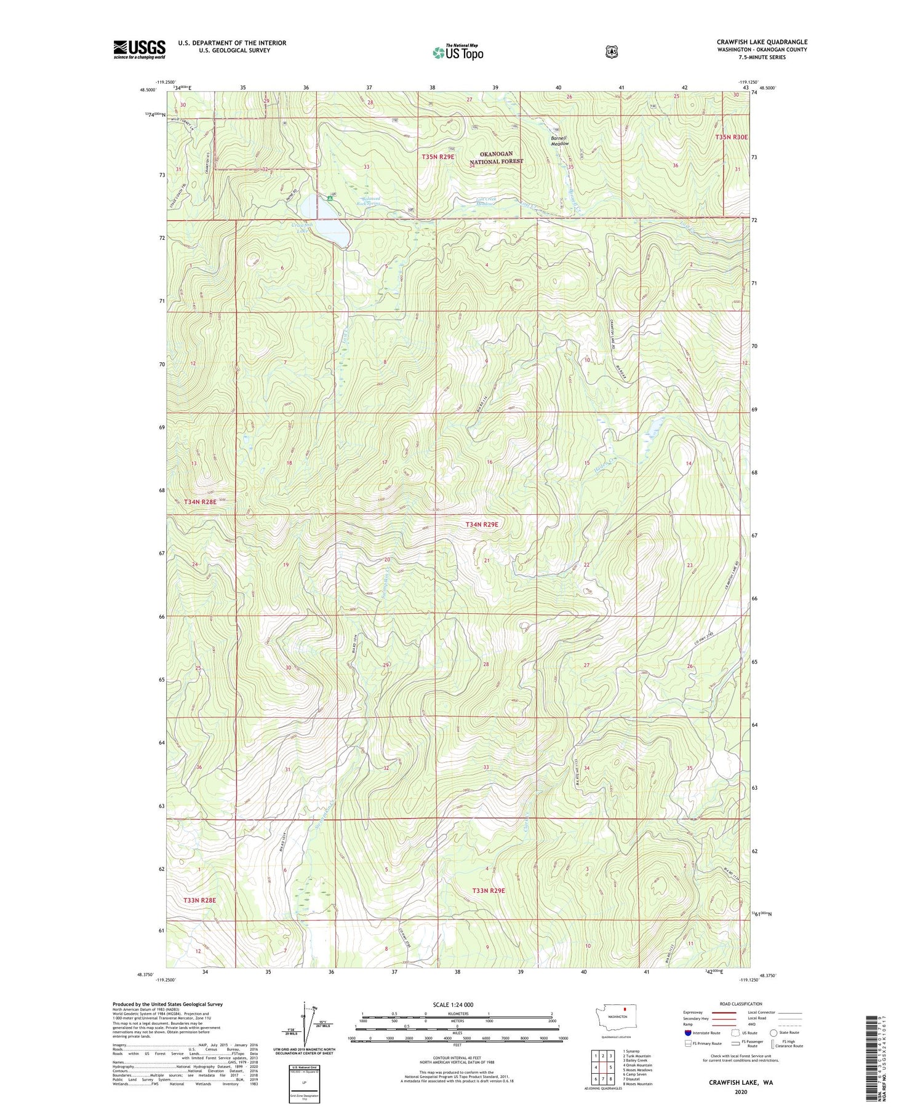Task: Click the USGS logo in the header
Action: coord(139,49)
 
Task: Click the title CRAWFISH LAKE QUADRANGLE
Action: coord(762,42)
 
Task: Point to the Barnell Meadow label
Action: coord(559,140)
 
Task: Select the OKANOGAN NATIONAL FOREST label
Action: coord(496,157)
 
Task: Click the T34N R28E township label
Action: coord(200,502)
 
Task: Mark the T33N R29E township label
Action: coord(489,891)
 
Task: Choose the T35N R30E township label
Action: coord(731,137)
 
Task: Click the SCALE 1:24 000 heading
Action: coord(453,1004)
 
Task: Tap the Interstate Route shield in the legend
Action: coord(688,1033)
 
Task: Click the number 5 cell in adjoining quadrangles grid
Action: coord(610,1067)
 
